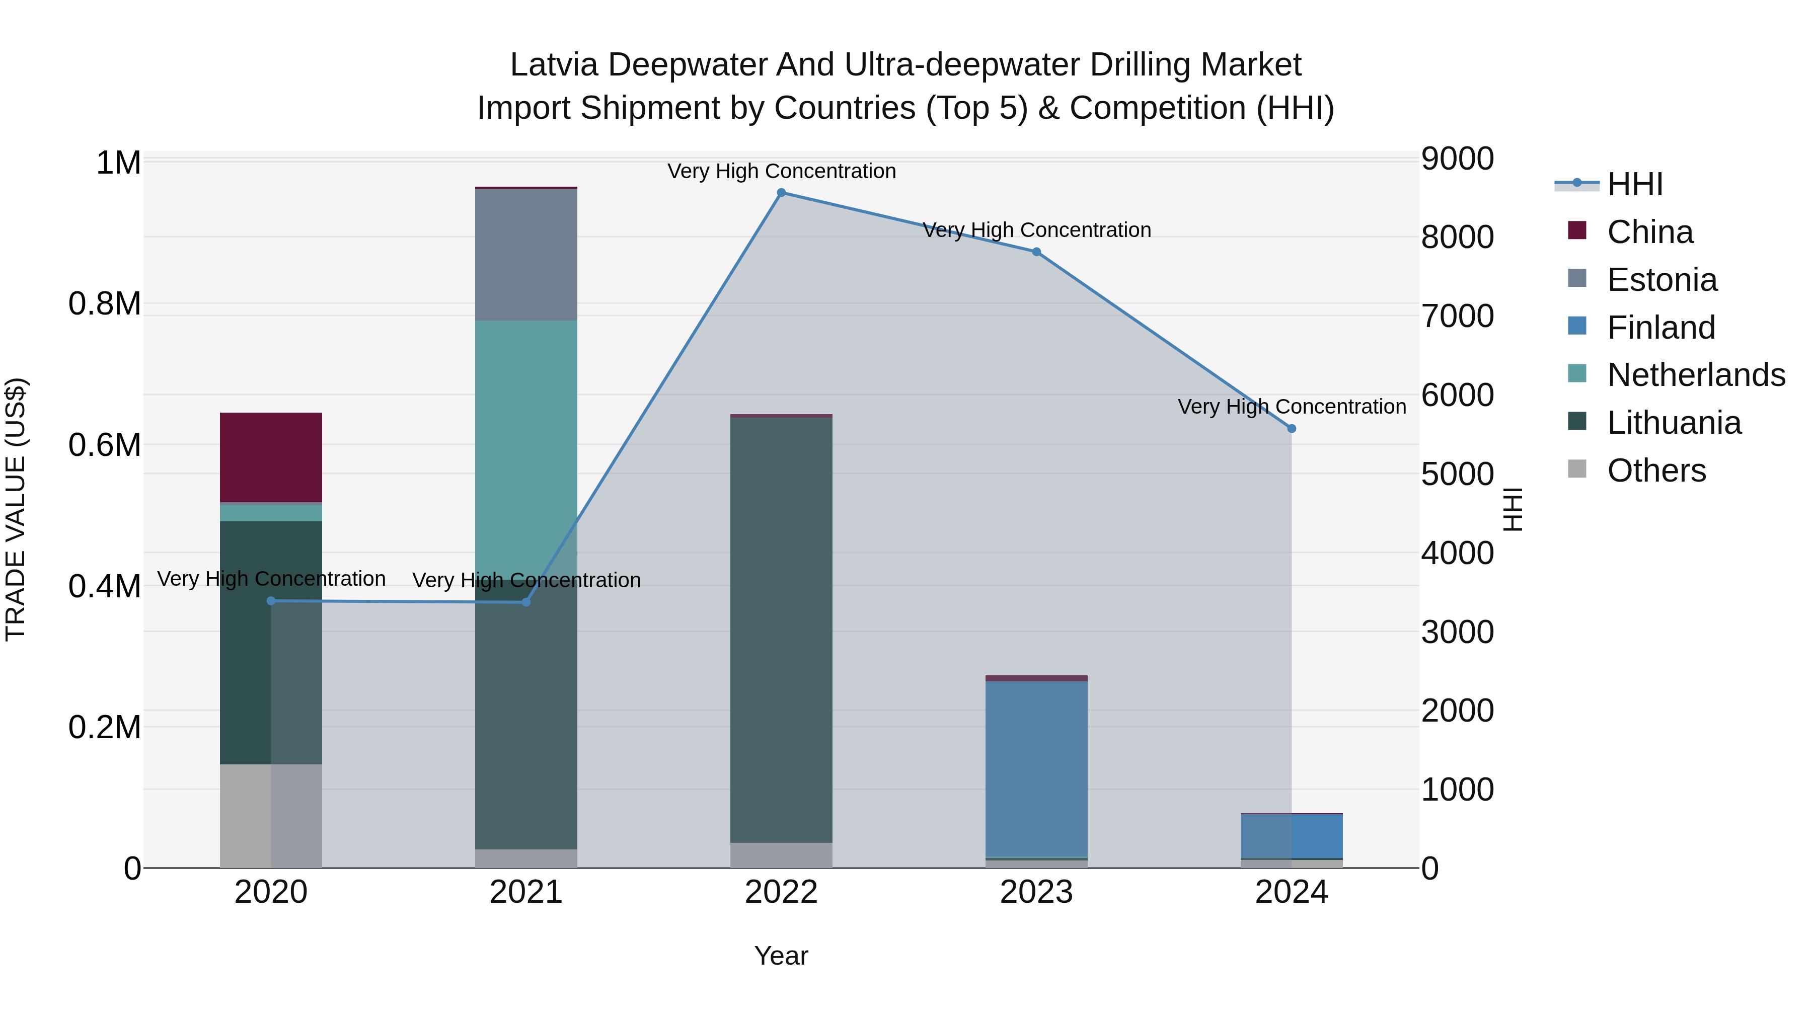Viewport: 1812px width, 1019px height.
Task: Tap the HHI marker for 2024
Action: coord(1292,428)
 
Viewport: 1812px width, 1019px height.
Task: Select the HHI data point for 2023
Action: coord(1036,252)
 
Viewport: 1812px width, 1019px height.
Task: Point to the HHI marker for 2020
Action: coord(271,600)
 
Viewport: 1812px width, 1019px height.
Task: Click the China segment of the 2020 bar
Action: coord(271,457)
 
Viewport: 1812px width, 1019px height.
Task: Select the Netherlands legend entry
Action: coord(1695,375)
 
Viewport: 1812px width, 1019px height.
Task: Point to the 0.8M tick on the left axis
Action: coord(105,304)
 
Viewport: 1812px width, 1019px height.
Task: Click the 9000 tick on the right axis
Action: coord(1458,159)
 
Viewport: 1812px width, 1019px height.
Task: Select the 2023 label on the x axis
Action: coord(1036,892)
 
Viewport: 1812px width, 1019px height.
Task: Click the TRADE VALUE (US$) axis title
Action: coord(16,509)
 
